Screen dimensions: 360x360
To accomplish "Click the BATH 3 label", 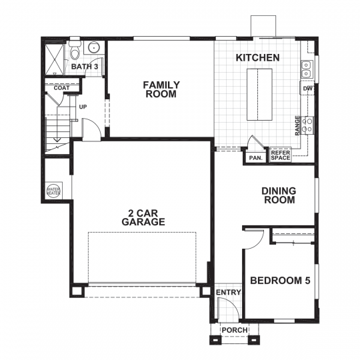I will (x=84, y=67).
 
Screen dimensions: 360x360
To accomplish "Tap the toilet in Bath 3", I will (x=76, y=50).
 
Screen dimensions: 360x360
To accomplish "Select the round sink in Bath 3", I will (x=94, y=47).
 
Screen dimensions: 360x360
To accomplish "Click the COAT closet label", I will (x=62, y=87).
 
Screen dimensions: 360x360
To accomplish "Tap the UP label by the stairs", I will (x=83, y=107).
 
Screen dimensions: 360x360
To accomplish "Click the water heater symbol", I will (x=53, y=191).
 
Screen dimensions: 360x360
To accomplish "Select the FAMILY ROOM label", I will (x=161, y=89).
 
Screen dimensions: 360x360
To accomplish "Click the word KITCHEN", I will (x=257, y=58).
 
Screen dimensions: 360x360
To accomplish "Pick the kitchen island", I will (x=257, y=93).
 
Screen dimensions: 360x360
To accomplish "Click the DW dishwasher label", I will (x=307, y=89).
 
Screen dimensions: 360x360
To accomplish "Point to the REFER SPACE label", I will (x=280, y=155).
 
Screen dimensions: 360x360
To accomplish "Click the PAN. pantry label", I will (x=255, y=158).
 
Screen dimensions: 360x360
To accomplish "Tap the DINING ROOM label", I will (x=278, y=195).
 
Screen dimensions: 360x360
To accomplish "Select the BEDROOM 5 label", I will (x=280, y=281).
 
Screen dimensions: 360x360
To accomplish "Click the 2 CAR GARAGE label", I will (x=143, y=217).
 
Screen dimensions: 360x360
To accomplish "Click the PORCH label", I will (x=234, y=330).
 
